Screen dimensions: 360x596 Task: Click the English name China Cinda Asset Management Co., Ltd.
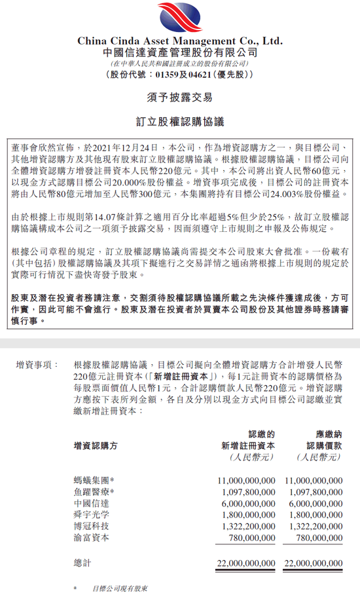click(x=180, y=41)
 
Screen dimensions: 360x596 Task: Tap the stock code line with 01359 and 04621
click(x=180, y=75)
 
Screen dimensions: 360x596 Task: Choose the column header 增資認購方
click(x=96, y=445)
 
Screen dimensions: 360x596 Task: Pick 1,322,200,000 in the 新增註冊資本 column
click(x=246, y=526)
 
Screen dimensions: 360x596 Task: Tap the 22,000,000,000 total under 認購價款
click(x=314, y=563)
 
